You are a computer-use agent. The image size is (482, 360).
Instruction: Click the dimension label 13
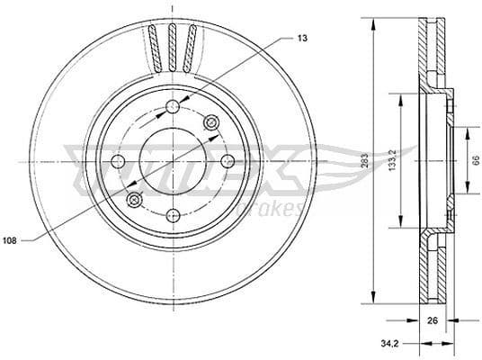pos(300,39)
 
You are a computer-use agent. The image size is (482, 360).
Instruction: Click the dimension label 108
pos(11,241)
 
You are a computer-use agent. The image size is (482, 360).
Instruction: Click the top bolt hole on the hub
pos(172,108)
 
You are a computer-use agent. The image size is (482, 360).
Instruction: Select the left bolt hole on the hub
pos(117,162)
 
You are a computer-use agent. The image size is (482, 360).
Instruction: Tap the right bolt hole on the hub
pos(227,162)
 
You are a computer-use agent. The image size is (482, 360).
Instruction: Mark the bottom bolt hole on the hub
pos(172,217)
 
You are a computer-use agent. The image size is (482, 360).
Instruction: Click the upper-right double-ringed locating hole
pos(212,123)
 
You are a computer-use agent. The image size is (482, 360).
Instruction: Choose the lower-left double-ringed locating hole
pos(133,199)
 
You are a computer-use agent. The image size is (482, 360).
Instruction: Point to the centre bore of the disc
pos(172,162)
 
